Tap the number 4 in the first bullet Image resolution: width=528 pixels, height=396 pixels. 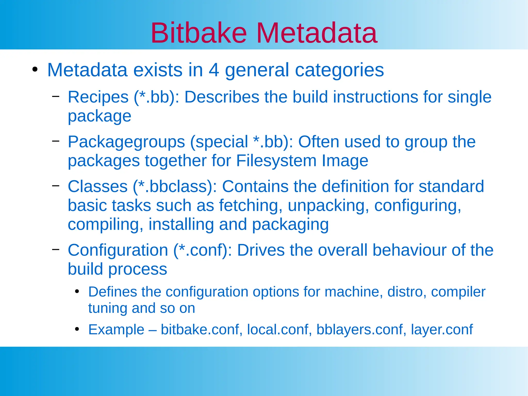click(214, 70)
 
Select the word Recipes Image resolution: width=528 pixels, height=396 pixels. click(98, 97)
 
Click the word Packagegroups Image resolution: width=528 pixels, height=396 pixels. click(126, 142)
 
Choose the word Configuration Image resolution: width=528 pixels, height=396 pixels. click(118, 250)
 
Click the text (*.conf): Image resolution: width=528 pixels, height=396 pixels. click(203, 250)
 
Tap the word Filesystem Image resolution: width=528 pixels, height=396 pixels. click(276, 161)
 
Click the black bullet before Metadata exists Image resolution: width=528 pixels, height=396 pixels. click(35, 70)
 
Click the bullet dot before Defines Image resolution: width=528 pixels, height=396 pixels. click(77, 292)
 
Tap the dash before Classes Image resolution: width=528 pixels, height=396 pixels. click(55, 185)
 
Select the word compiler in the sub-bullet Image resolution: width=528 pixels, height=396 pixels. click(458, 292)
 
